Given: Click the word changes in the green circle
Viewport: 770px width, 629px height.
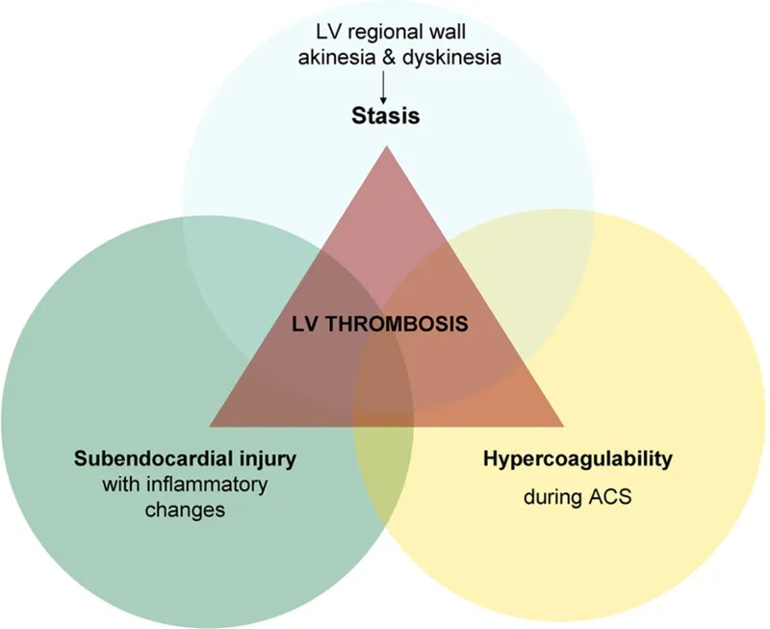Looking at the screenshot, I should point(185,508).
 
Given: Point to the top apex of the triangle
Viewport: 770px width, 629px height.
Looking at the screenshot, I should point(387,147).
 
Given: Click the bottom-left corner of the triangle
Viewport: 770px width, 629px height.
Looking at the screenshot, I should point(211,425).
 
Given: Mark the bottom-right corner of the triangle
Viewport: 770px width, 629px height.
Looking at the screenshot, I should point(563,425).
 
